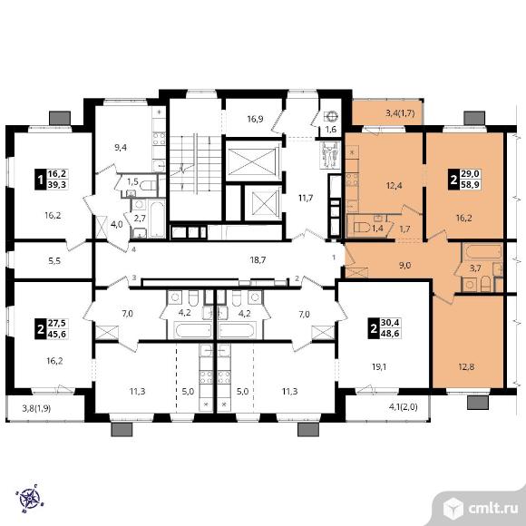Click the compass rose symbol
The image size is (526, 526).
30,499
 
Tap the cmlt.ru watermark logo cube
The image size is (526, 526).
453,509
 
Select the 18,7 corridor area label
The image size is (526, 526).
257,259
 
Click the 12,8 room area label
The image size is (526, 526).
466,366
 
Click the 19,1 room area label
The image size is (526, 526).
379,366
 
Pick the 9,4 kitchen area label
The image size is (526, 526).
121,147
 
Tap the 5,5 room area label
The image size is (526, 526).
54,260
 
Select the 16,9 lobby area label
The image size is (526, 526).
255,119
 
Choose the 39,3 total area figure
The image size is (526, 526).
57,184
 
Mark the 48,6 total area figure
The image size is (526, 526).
390,334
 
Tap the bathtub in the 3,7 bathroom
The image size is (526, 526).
482,251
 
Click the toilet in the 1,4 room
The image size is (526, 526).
361,228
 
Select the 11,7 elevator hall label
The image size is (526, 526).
306,198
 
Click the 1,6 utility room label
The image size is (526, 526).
331,129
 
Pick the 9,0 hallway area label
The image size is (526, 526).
404,266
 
